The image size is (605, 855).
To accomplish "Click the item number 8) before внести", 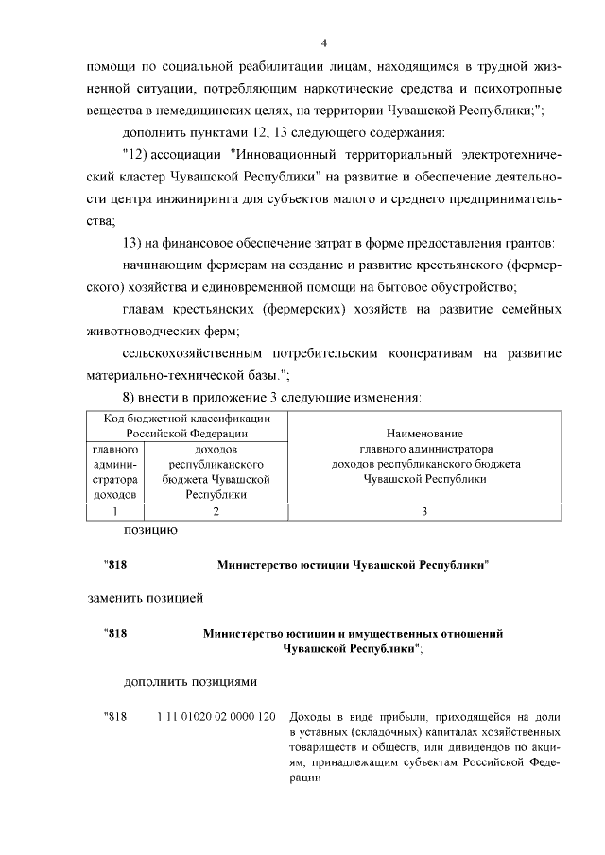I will click(132, 397).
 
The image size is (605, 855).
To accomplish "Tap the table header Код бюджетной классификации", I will click(187, 419).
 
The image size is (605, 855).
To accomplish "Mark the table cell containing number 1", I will click(113, 511).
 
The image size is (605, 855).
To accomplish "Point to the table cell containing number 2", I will click(216, 511).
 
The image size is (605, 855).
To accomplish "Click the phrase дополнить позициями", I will click(189, 681).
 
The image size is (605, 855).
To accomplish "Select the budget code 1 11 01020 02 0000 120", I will click(216, 715).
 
